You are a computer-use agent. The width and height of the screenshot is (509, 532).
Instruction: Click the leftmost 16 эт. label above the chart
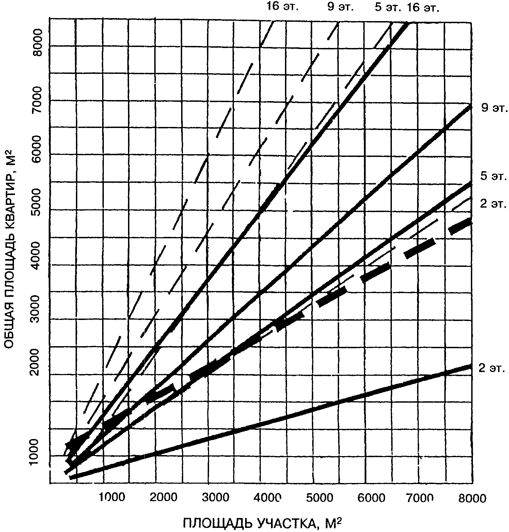click(283, 7)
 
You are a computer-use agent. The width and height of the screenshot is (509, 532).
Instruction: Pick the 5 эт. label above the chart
click(388, 7)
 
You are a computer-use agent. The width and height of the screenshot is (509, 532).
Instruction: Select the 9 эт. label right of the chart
click(494, 109)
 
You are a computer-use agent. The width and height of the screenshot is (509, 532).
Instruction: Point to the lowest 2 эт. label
click(492, 368)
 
